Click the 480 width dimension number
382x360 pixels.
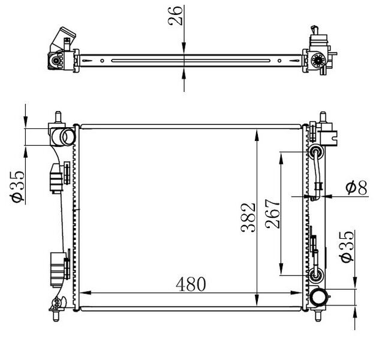[x=191, y=284]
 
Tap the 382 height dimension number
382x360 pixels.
[x=248, y=217]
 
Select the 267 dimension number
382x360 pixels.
[x=273, y=214]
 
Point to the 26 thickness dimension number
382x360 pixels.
[x=175, y=16]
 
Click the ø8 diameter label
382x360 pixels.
[x=356, y=188]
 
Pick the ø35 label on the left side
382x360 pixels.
[x=17, y=187]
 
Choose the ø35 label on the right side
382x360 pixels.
[x=347, y=247]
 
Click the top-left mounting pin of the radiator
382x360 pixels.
[x=58, y=117]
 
